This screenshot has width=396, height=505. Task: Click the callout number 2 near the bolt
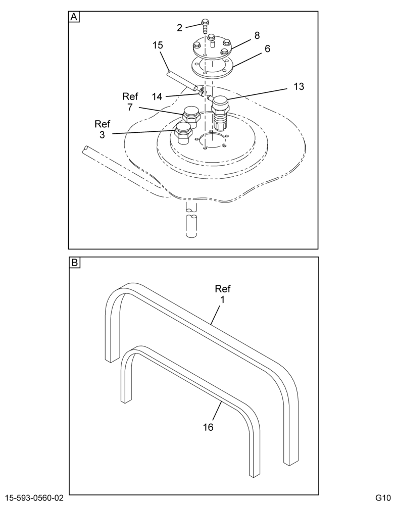[179, 28]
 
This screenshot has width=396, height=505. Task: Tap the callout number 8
[257, 35]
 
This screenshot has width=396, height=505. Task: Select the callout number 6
[267, 48]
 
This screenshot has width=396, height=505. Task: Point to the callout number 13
[299, 86]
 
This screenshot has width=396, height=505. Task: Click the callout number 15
[158, 45]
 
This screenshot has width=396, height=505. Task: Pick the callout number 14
[157, 96]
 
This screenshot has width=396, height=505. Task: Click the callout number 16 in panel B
[209, 427]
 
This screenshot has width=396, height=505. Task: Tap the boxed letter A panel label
[74, 17]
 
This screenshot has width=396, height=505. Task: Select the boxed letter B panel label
[74, 263]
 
